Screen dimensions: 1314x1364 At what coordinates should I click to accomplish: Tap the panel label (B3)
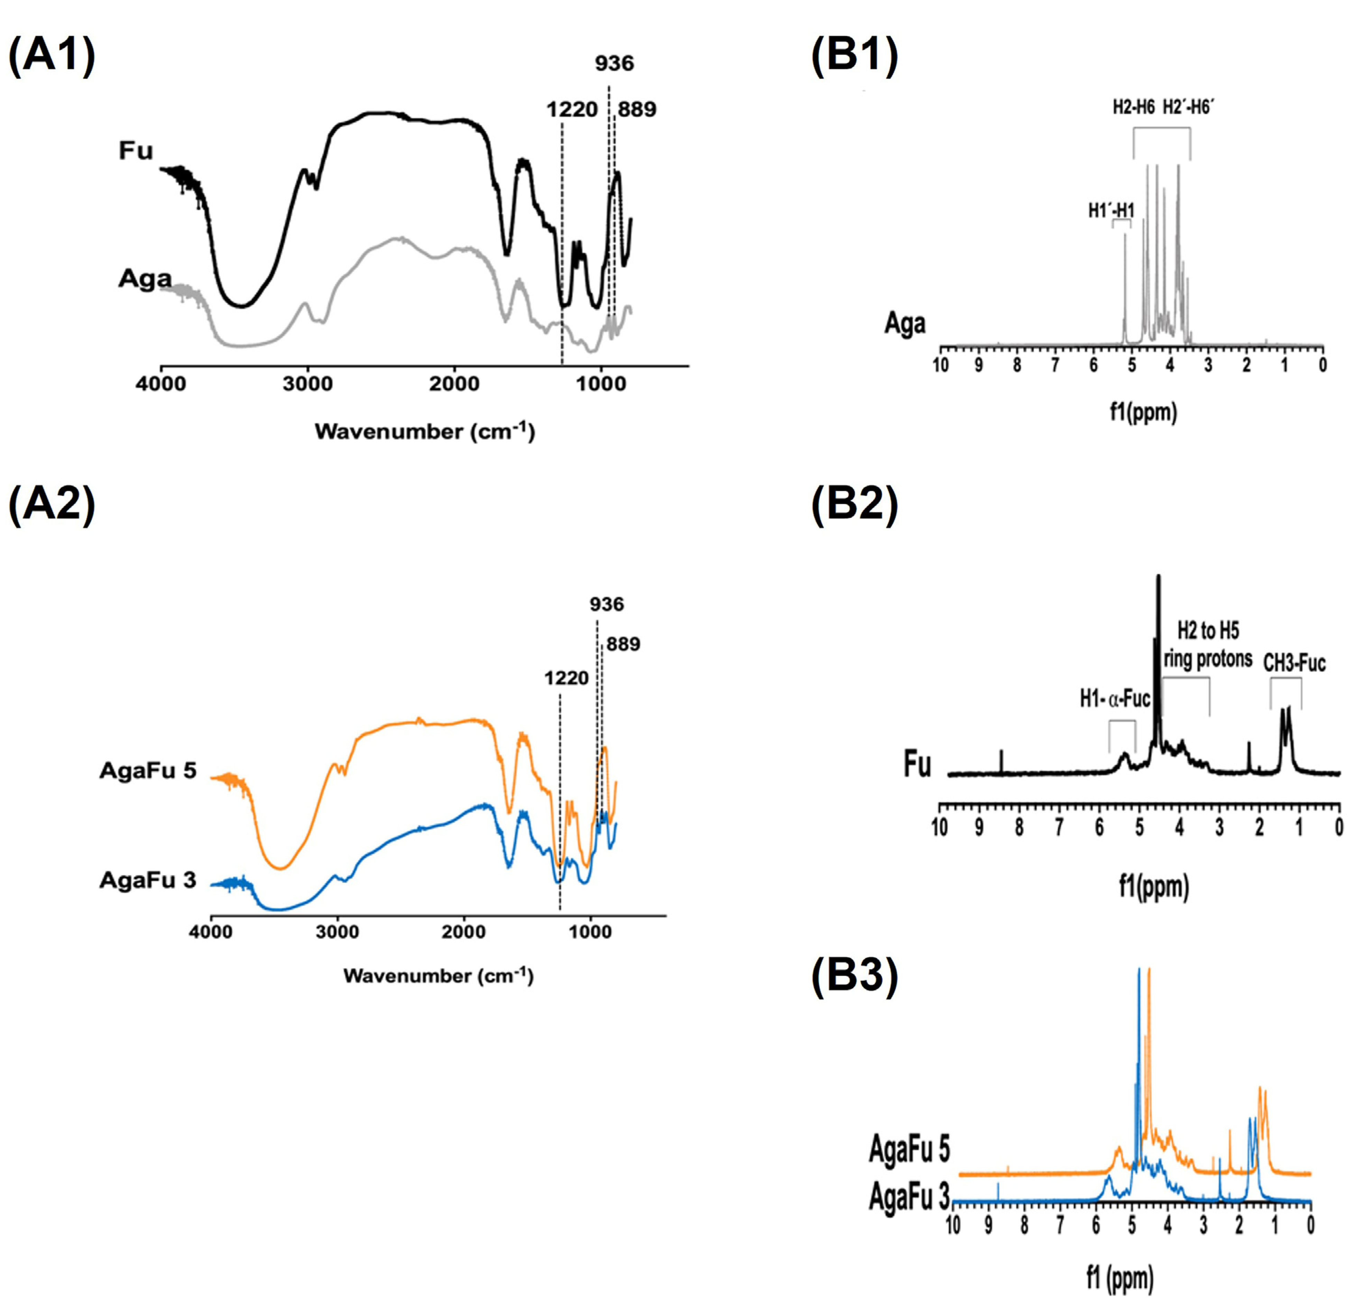(x=855, y=976)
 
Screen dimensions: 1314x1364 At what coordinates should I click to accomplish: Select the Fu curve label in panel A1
(x=136, y=150)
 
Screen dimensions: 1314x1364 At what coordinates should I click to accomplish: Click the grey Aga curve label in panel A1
(x=145, y=278)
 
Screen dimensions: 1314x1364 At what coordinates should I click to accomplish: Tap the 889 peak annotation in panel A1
(x=637, y=109)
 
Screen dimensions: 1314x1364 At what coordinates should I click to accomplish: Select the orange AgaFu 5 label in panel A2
(x=148, y=771)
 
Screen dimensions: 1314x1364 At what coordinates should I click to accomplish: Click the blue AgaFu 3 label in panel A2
(x=148, y=881)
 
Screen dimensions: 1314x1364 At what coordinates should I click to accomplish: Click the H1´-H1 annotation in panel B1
(x=1112, y=210)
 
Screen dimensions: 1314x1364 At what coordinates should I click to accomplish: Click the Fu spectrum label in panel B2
(x=917, y=765)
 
